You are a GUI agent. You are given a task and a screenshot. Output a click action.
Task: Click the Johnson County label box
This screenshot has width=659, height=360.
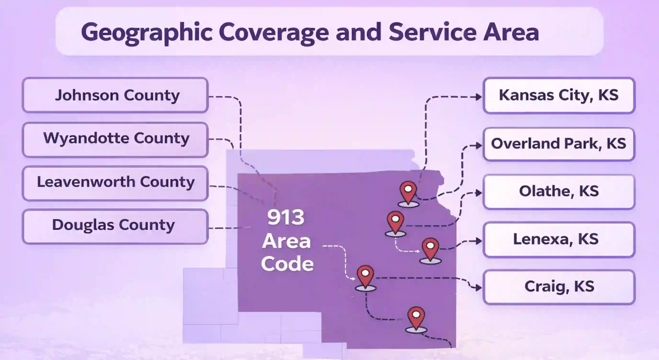tap(115, 95)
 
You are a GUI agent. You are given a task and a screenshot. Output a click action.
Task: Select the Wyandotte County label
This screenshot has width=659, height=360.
tap(115, 139)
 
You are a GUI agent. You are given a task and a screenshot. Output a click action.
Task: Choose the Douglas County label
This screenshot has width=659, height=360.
tap(115, 226)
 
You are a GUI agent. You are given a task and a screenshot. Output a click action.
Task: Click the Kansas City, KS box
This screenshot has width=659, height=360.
tap(559, 95)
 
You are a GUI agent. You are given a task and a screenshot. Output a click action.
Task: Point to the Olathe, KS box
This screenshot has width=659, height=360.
tap(559, 192)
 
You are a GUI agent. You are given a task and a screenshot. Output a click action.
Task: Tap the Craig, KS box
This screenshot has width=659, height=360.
tap(559, 287)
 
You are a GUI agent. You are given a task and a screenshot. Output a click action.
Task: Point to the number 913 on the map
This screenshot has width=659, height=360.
tap(286, 217)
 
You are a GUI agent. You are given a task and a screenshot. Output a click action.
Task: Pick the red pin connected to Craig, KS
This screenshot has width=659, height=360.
tap(366, 278)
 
